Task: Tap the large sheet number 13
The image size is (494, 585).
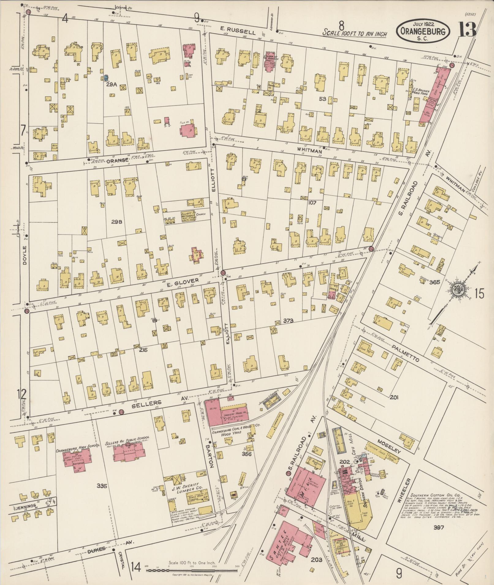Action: coord(467,30)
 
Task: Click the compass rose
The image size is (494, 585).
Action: coord(459,289)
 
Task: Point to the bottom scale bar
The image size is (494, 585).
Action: coord(192,570)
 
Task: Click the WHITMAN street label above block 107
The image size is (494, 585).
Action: coord(310,151)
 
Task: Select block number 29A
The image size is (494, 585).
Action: coord(111,85)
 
